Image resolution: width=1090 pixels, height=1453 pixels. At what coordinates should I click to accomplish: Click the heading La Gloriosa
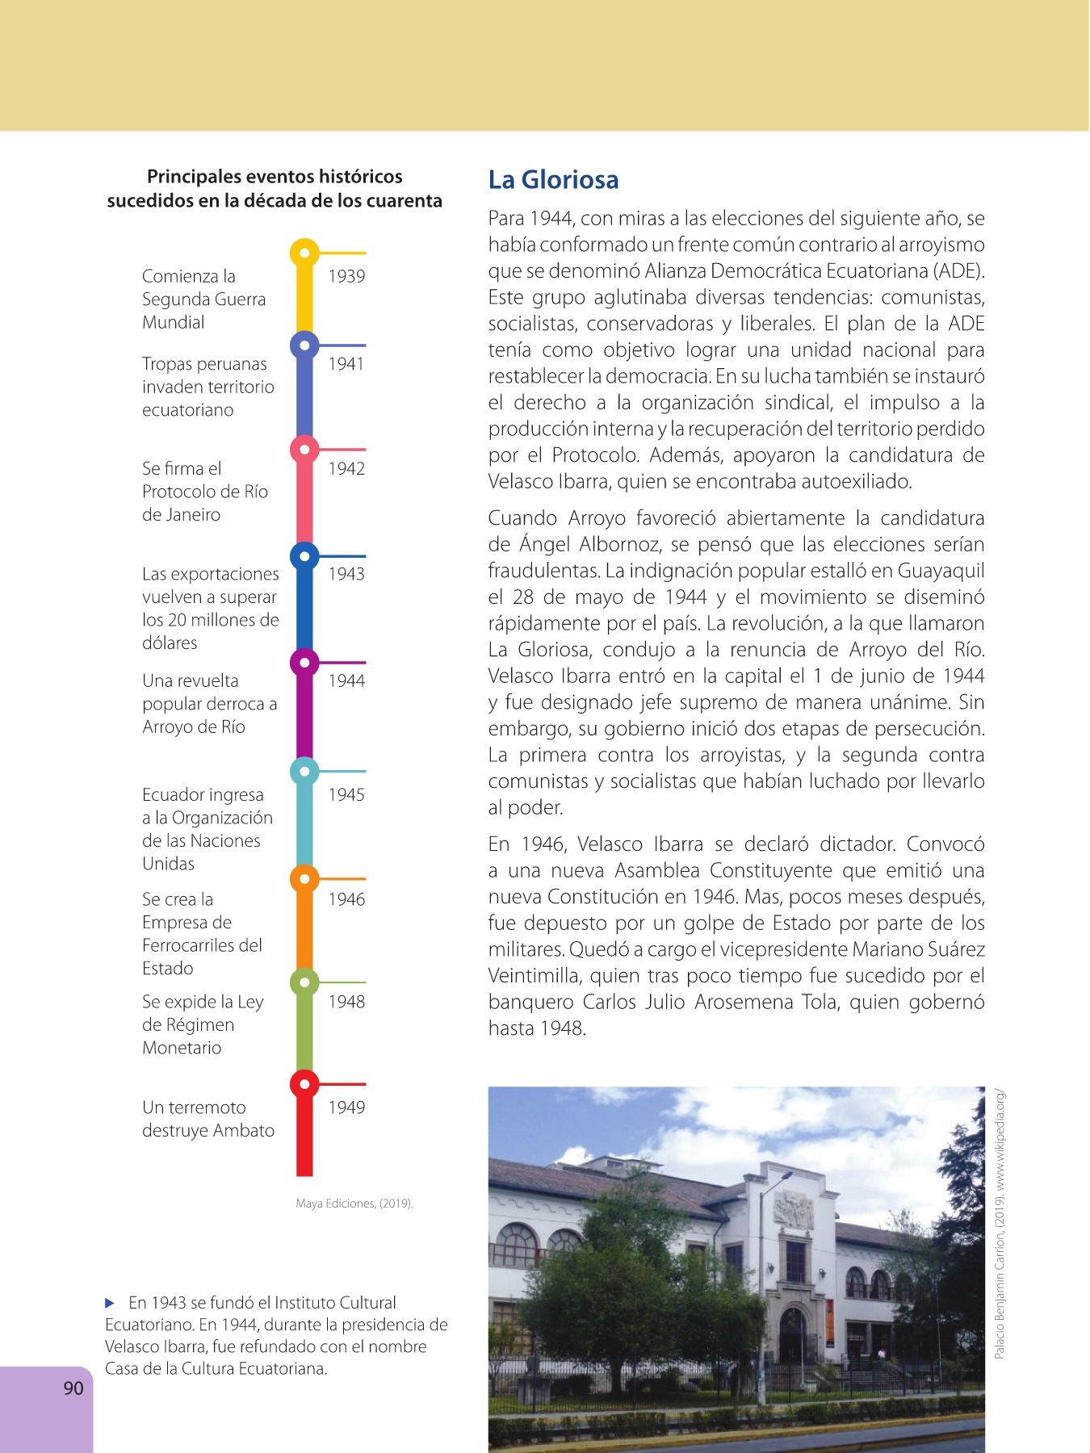(x=553, y=179)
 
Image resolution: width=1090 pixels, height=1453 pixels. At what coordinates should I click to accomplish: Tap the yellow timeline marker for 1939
(x=304, y=253)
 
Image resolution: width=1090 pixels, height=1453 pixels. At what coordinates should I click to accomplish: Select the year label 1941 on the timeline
(x=346, y=364)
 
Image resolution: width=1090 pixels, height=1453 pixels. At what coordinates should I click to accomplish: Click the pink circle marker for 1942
(x=304, y=450)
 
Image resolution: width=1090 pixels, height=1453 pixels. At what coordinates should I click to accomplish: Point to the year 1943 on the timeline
(x=346, y=574)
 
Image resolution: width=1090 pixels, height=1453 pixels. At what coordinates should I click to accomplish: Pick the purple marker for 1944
(x=304, y=664)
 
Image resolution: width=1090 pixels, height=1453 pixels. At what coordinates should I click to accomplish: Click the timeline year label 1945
(x=346, y=795)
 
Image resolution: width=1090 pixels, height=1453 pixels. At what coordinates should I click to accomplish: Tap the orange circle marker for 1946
(x=304, y=879)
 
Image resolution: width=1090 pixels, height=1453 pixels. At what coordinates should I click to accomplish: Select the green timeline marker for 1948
(x=304, y=982)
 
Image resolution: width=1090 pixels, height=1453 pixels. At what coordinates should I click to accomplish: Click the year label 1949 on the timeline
(x=346, y=1108)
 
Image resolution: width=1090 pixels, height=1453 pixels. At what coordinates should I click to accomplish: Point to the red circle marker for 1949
(x=304, y=1084)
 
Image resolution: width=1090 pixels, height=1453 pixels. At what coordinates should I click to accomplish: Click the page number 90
(x=73, y=1388)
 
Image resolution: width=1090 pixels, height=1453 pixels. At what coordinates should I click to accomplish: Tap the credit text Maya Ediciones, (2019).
(x=354, y=1204)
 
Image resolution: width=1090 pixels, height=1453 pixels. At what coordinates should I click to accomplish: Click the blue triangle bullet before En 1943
(x=111, y=1303)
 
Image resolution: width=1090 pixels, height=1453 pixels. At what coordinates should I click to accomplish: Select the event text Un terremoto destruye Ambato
(x=208, y=1119)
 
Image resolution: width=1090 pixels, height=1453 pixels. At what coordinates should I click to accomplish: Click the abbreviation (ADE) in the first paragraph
(x=959, y=270)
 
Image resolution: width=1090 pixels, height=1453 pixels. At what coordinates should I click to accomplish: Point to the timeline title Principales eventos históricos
(x=275, y=177)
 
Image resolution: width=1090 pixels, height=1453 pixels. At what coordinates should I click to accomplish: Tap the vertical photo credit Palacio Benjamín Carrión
(x=1000, y=1224)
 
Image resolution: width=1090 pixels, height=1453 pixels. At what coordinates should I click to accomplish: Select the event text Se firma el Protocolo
(x=204, y=492)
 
